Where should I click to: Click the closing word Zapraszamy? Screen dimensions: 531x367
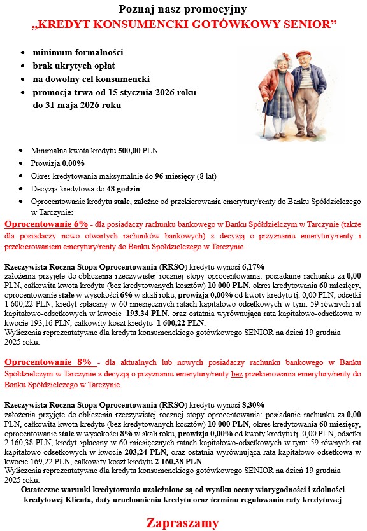pyautogui.click(x=183, y=523)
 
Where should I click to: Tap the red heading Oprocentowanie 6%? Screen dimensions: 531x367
pyautogui.click(x=46, y=224)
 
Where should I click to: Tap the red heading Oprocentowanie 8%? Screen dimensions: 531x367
pyautogui.click(x=46, y=362)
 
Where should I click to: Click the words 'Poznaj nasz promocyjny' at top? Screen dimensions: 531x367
pyautogui.click(x=183, y=9)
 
